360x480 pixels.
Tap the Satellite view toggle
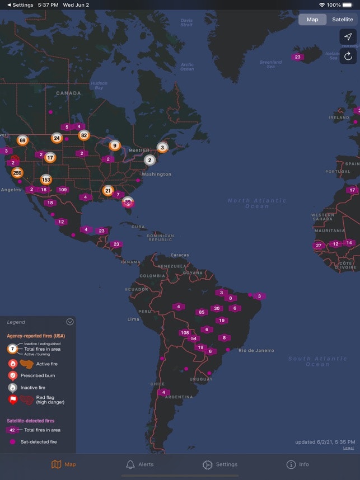342,20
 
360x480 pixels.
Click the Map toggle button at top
312,20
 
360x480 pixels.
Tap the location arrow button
348,36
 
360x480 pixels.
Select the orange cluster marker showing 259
17,173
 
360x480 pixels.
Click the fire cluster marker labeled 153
46,180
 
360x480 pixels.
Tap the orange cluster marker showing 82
84,135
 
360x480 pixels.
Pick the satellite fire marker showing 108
184,333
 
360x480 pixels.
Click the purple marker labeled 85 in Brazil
202,312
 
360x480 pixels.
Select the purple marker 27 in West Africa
319,246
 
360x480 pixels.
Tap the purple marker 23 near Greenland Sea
297,57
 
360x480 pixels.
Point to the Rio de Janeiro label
256,351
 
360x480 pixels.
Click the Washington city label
156,174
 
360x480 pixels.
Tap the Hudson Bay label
99,85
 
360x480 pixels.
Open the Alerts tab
139,464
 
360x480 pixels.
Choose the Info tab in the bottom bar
297,464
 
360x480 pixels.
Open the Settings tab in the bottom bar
219,464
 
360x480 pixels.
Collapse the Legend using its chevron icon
69,322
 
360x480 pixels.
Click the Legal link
348,448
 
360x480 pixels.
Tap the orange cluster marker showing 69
22,140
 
